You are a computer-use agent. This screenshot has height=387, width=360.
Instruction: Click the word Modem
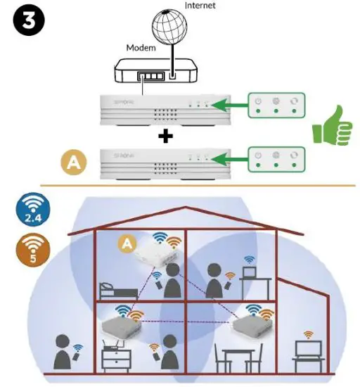pyautogui.click(x=141, y=47)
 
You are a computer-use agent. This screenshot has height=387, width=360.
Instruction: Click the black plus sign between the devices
pyautogui.click(x=166, y=137)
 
